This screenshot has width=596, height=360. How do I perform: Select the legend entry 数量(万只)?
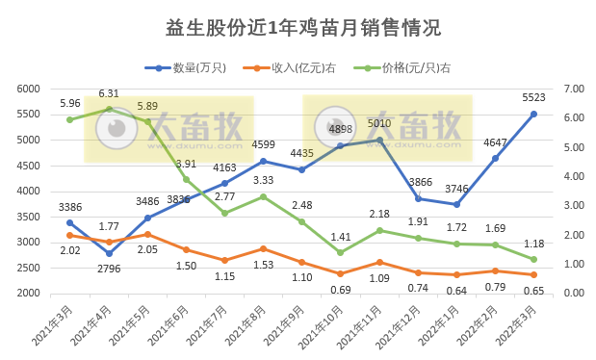[192, 67]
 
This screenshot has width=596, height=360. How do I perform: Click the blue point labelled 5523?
[533, 114]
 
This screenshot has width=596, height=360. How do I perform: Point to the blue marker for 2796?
[109, 253]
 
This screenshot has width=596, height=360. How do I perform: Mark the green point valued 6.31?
[109, 109]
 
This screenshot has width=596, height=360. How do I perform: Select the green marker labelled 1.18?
[533, 259]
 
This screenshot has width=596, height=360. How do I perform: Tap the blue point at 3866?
[418, 198]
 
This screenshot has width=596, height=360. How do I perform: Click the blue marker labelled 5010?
[379, 140]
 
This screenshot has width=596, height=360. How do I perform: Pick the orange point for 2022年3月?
[533, 274]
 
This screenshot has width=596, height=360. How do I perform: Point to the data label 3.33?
[263, 180]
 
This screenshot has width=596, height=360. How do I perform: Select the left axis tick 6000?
[53, 89]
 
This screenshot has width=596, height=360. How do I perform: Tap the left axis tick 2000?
[53, 294]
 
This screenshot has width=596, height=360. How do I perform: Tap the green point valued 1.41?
[341, 252]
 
